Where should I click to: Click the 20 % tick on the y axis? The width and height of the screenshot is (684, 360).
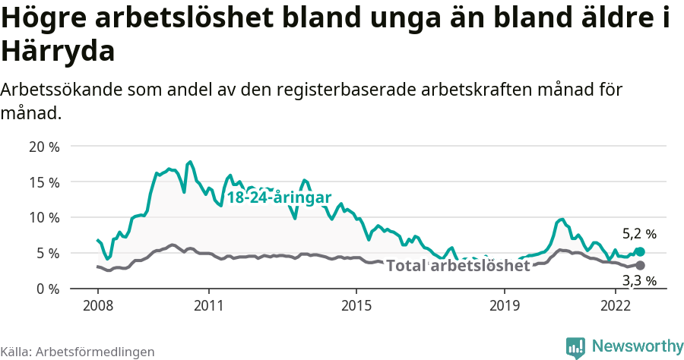pos(44,146)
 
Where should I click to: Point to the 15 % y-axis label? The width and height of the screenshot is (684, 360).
pos(44,182)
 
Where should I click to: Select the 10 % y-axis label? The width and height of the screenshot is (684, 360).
pos(44,217)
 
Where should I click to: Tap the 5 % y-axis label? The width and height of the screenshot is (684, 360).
pos(48,253)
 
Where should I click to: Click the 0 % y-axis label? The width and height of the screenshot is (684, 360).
pos(48,289)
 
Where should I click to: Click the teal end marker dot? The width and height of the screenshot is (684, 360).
pos(640,251)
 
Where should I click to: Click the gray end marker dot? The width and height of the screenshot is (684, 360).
pos(640,265)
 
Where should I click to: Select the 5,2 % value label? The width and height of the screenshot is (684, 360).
pos(639,234)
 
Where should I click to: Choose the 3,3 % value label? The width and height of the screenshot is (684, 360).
pos(639,281)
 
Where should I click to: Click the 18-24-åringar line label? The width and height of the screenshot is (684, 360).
pos(279,197)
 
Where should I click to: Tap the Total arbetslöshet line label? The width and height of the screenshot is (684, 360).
pos(458,266)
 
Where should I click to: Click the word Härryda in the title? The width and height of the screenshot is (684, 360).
pos(59,52)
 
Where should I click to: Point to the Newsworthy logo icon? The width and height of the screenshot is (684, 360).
pos(575,347)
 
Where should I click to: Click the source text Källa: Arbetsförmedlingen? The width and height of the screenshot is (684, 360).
pos(78,352)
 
